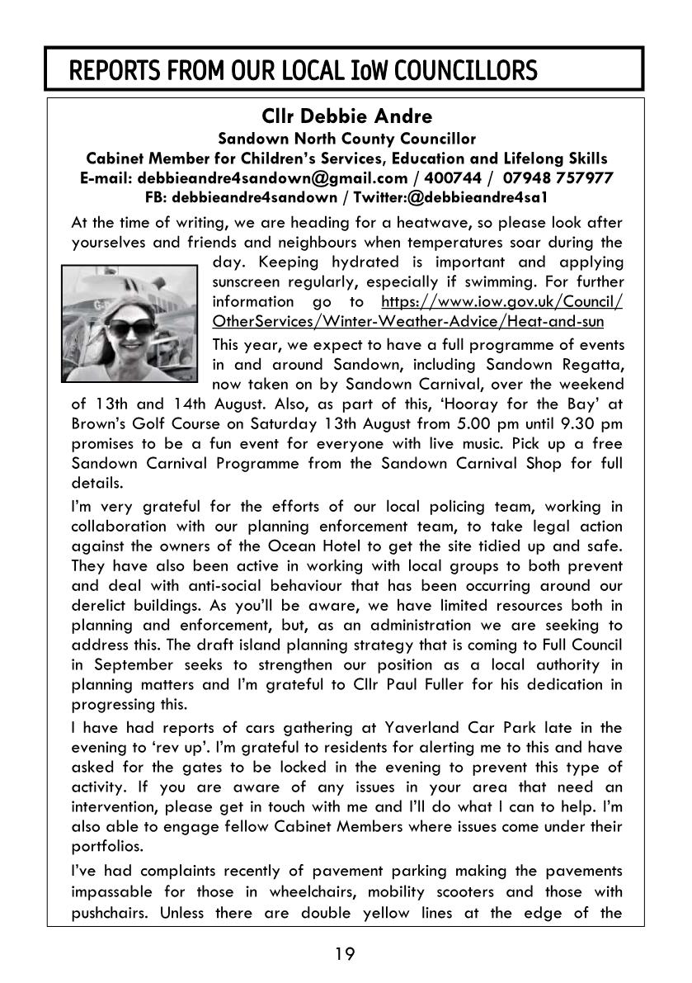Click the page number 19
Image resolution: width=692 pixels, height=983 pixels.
[x=346, y=954]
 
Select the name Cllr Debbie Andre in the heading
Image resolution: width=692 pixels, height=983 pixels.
[x=346, y=116]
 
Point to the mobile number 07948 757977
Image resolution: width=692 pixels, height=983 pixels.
[x=560, y=177]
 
